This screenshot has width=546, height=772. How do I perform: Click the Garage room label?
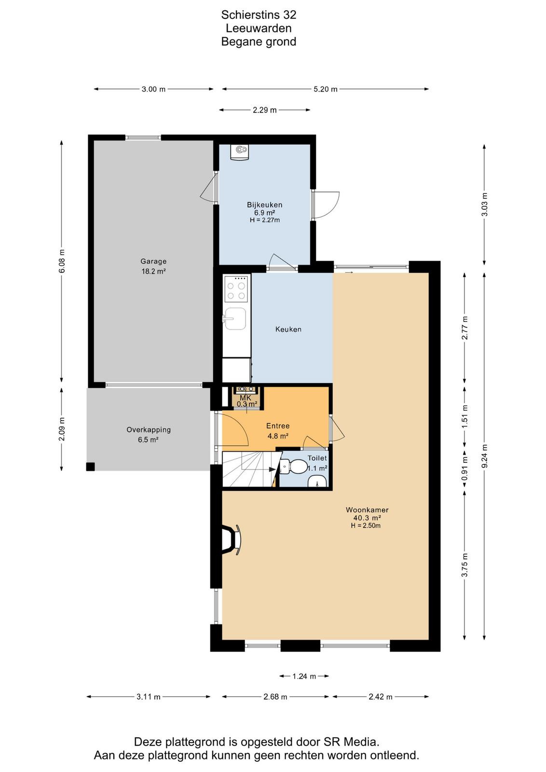point(153,261)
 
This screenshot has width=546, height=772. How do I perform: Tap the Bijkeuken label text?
point(265,205)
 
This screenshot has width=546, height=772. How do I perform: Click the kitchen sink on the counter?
point(234,319)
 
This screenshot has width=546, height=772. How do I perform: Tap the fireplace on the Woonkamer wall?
point(232,540)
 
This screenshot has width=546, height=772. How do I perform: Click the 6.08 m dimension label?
point(62,261)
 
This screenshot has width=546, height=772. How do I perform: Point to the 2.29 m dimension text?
point(265,110)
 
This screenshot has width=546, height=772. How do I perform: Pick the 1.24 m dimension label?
point(304,676)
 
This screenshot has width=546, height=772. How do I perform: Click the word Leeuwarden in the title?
point(259,28)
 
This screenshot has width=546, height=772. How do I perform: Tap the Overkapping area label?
point(149,430)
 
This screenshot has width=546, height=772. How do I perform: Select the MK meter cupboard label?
point(246,398)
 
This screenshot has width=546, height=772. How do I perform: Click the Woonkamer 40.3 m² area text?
point(367,518)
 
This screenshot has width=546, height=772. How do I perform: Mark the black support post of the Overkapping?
point(90,467)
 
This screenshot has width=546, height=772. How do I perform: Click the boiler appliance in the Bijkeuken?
point(240,152)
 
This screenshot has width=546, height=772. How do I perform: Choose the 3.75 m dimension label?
point(464,565)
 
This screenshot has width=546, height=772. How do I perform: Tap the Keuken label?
point(288,329)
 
